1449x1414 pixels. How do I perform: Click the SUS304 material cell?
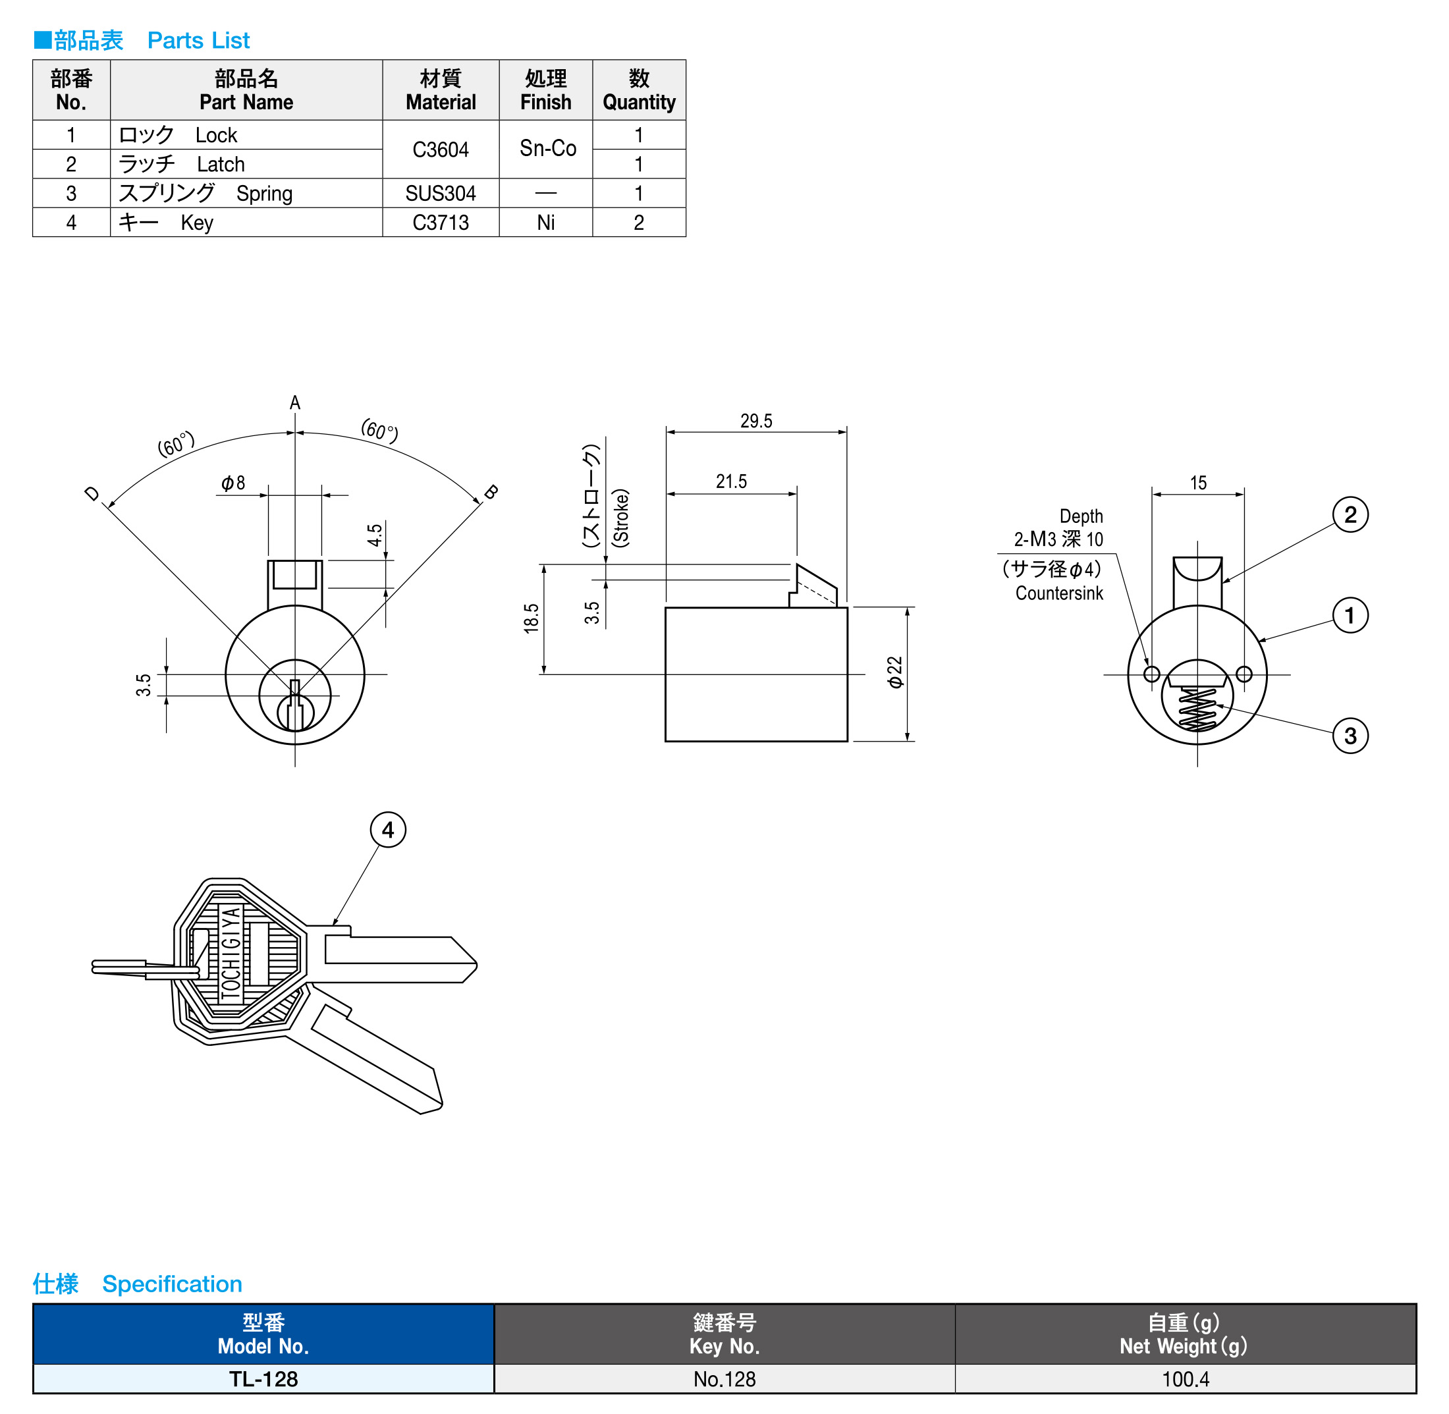pos(441,194)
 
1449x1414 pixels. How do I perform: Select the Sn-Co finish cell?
pos(547,149)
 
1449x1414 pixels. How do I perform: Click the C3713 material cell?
pos(441,223)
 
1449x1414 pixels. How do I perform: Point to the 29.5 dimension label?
pos(756,421)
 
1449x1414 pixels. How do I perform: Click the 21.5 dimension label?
pos(731,482)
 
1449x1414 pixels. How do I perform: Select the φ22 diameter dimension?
pos(896,672)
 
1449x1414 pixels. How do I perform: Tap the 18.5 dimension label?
pos(531,618)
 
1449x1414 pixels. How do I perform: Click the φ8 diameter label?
pos(232,483)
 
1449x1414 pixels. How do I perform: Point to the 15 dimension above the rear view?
pos(1198,483)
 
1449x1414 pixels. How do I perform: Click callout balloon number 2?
pos(1350,514)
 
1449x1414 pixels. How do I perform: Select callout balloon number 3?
pos(1350,736)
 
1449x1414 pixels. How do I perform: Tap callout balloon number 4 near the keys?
pos(388,830)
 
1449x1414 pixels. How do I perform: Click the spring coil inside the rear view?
pos(1197,709)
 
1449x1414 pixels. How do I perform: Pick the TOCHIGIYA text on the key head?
pos(231,954)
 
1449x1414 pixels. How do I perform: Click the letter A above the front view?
pos(295,402)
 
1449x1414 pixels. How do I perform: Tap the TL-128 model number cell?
pos(263,1379)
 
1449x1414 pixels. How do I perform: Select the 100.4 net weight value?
pos(1186,1379)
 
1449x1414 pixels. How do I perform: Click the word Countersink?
pos(1059,593)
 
